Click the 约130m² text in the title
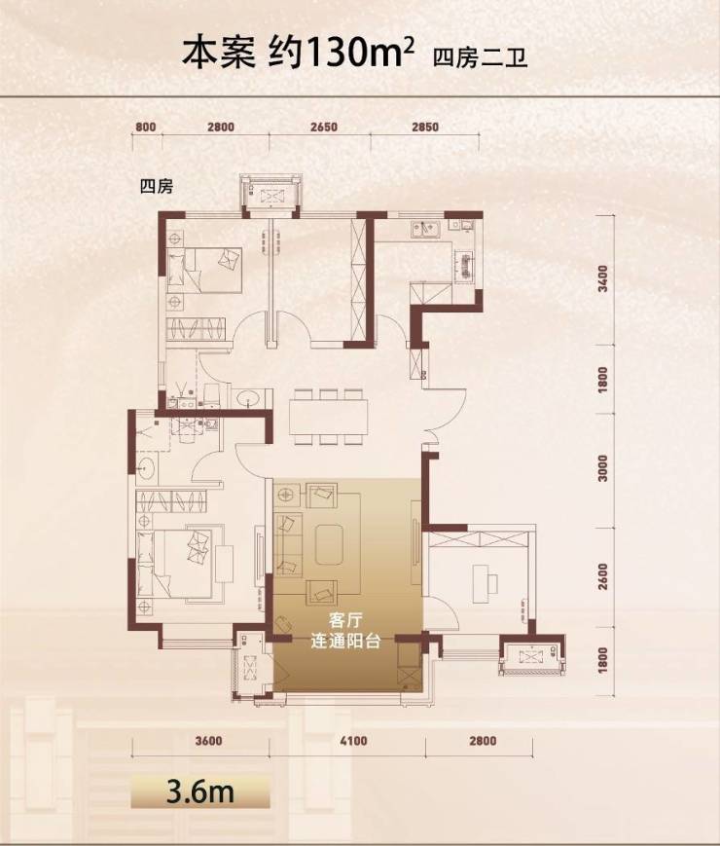(342, 55)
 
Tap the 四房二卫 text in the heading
(480, 57)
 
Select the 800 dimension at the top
(146, 128)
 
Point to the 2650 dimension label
(324, 128)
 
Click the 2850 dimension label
(425, 128)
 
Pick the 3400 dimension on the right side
(603, 278)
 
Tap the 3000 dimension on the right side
(603, 468)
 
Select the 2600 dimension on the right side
(603, 576)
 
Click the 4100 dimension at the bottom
(354, 741)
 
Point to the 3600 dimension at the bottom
(208, 741)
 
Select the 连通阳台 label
(345, 641)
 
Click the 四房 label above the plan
(157, 187)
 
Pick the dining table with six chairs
(329, 417)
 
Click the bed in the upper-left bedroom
(204, 270)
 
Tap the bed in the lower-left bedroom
(173, 564)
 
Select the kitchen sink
(425, 230)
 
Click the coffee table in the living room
(331, 544)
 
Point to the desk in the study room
(479, 583)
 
